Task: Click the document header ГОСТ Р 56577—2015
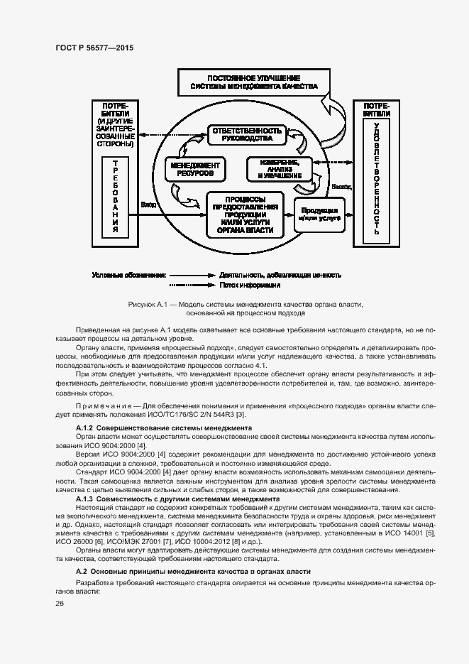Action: pyautogui.click(x=94, y=48)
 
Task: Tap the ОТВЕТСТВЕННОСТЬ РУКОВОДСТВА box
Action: pyautogui.click(x=245, y=135)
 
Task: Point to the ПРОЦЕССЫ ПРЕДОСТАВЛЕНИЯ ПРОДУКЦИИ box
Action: pyautogui.click(x=245, y=214)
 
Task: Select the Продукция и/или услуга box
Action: pyautogui.click(x=319, y=214)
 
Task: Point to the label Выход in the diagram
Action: pyautogui.click(x=341, y=187)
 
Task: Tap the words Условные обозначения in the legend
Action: pyautogui.click(x=128, y=274)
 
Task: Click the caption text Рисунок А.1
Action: pyautogui.click(x=148, y=304)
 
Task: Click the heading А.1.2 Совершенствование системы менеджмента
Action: pyautogui.click(x=163, y=429)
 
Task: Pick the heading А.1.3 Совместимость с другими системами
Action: pyautogui.click(x=177, y=499)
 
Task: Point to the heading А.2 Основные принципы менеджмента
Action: pyautogui.click(x=192, y=572)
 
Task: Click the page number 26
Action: pyautogui.click(x=60, y=603)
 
